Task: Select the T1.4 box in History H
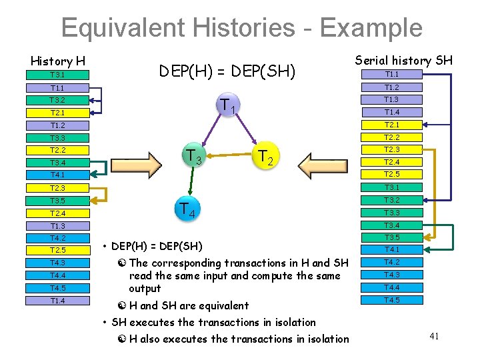coord(58,301)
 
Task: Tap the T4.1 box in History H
coord(58,175)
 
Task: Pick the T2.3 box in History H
coord(58,188)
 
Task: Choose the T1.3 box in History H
coord(58,226)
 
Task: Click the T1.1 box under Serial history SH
coord(391,75)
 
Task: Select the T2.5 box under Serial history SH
coord(391,175)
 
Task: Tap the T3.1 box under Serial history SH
coord(391,187)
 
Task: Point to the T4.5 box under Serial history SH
coord(391,300)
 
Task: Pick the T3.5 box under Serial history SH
coord(391,237)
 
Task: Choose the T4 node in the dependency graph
coord(187,209)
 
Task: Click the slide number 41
coord(433,336)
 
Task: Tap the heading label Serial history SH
coord(404,61)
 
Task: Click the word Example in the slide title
coord(370,28)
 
